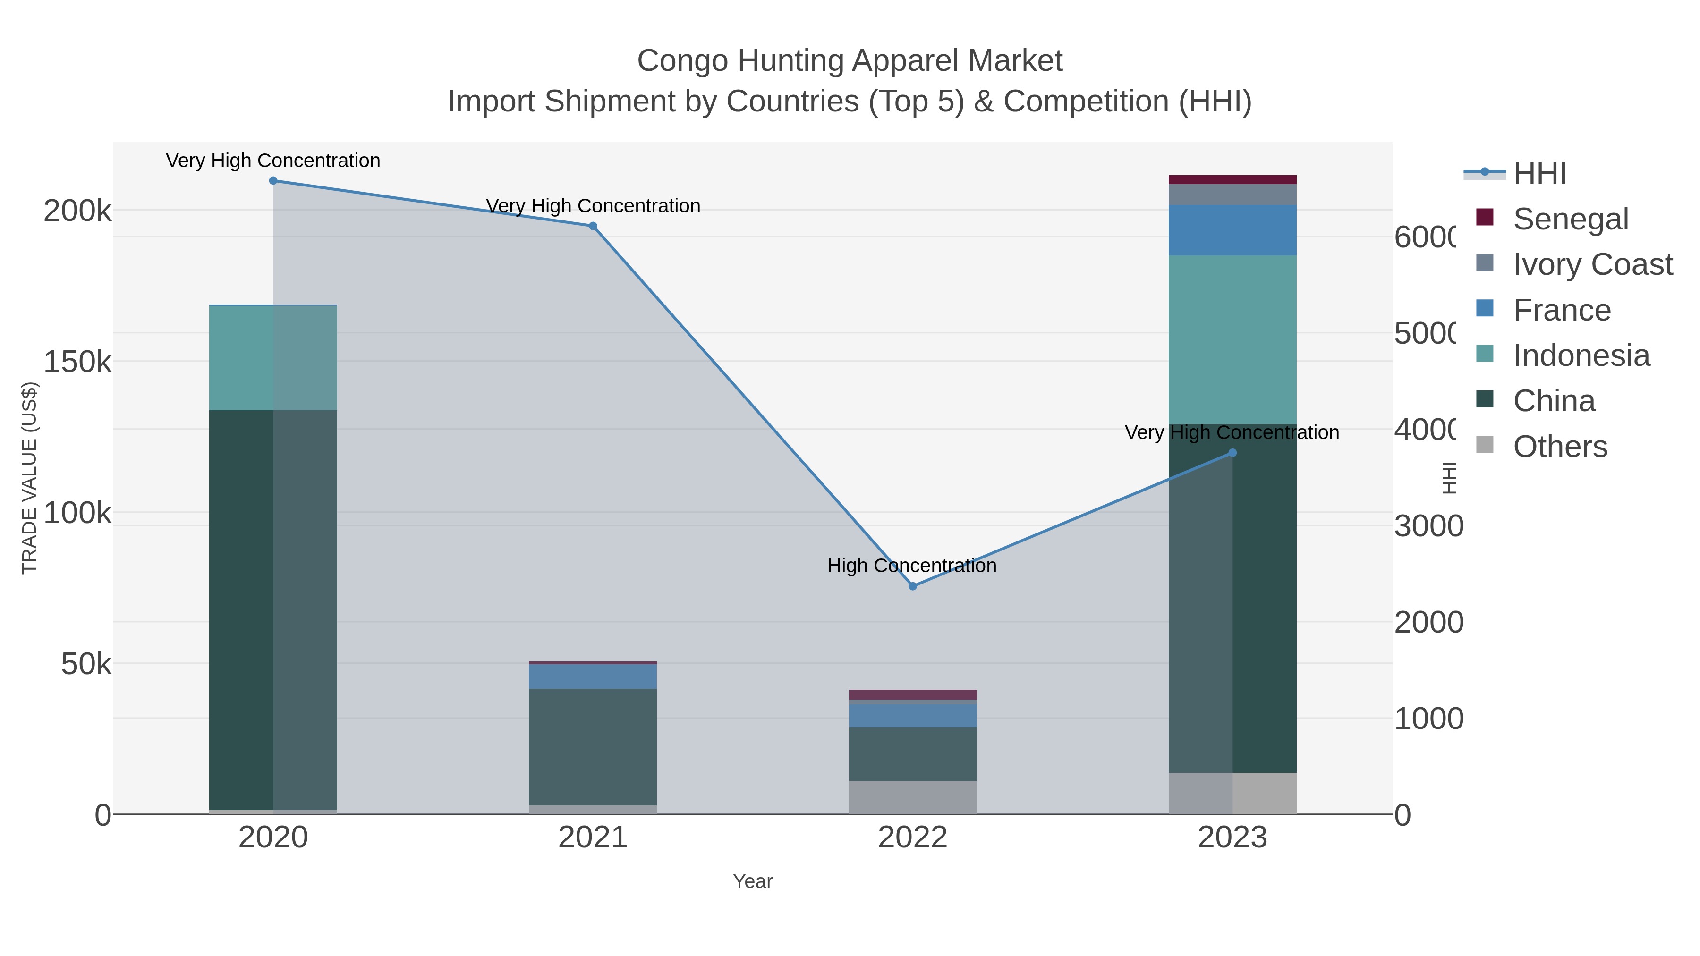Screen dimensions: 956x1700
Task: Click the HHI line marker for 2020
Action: [273, 181]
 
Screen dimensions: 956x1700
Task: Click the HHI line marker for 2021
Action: [593, 226]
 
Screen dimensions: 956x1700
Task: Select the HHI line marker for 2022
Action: [913, 586]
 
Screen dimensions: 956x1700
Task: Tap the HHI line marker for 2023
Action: [1232, 453]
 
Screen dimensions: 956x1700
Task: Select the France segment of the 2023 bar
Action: [1232, 230]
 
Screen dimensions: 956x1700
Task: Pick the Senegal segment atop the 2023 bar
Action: [1232, 179]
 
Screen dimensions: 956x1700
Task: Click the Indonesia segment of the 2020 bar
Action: [273, 357]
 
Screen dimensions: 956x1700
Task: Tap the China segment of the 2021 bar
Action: [593, 747]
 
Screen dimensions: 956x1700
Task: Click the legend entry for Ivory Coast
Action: [1592, 264]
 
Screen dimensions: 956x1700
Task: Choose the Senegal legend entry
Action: [1571, 219]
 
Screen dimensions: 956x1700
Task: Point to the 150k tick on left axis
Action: [77, 362]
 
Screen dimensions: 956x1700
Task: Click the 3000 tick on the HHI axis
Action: [1428, 526]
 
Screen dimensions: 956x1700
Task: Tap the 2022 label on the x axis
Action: [913, 838]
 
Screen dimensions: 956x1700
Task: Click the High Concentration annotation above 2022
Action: [911, 566]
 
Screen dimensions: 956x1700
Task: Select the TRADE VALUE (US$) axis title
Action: [30, 478]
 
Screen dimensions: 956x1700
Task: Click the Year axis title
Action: [752, 881]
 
